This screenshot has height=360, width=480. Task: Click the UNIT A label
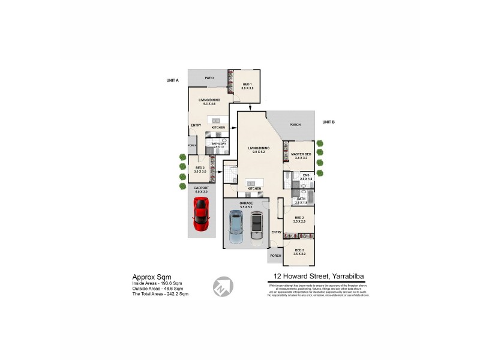[x=173, y=80]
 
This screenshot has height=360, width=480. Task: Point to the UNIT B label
[x=328, y=122]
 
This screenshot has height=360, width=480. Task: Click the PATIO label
[x=209, y=78]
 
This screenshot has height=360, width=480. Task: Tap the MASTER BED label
[x=301, y=154]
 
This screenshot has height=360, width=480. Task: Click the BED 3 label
[x=299, y=250]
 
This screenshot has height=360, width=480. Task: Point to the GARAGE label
[x=246, y=203]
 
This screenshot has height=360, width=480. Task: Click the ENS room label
[x=305, y=175]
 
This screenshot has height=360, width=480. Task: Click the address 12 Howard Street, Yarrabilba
[x=316, y=277]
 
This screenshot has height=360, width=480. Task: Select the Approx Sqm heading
[x=148, y=277]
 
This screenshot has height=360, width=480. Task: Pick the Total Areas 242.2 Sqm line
[x=156, y=294]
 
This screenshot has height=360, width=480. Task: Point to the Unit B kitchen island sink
[x=253, y=182]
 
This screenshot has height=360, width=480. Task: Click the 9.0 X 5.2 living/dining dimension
[x=259, y=151]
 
